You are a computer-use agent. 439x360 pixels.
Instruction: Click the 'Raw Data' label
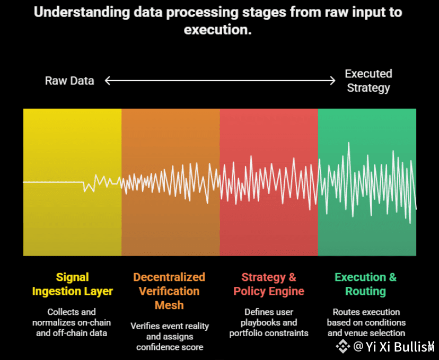click(69, 81)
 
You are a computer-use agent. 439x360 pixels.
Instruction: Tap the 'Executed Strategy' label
click(368, 81)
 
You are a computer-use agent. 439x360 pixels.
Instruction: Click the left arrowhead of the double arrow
click(108, 81)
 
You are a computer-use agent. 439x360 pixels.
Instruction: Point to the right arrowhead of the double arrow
click(332, 81)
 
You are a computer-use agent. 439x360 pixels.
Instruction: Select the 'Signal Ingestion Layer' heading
click(72, 284)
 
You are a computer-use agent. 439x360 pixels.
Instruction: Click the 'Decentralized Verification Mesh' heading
click(169, 291)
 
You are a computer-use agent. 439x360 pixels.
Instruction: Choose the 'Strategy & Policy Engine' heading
click(269, 284)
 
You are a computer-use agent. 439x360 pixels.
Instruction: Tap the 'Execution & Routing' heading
click(365, 284)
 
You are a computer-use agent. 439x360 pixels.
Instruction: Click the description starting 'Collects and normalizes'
click(72, 322)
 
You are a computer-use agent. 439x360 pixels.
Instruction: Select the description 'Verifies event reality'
click(170, 337)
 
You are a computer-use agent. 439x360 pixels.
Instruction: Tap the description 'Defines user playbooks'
click(269, 322)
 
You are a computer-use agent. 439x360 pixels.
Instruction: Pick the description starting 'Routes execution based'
click(366, 322)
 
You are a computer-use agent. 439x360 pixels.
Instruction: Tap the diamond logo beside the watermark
click(344, 347)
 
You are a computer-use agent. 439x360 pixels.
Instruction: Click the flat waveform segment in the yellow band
click(53, 182)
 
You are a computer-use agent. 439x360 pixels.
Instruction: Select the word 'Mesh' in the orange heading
click(169, 305)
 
